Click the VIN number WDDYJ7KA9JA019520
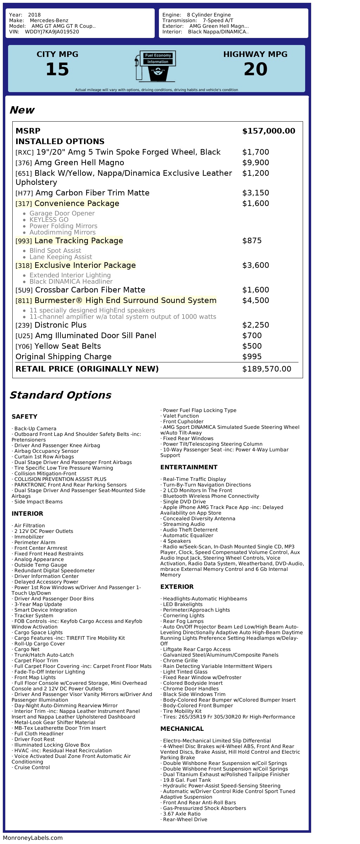click(x=52, y=32)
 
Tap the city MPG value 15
click(x=57, y=69)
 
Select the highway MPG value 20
click(x=255, y=69)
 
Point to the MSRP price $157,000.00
click(x=269, y=131)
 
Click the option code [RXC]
click(x=25, y=153)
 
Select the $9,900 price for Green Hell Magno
click(x=256, y=163)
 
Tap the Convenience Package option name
click(x=77, y=204)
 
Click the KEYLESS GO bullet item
click(x=49, y=220)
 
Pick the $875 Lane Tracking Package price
click(x=252, y=241)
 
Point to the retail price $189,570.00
click(x=266, y=369)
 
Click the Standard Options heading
click(x=60, y=395)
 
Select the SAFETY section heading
click(x=24, y=417)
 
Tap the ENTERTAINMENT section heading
click(x=189, y=467)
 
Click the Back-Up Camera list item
click(x=35, y=429)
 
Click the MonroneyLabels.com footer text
click(x=33, y=838)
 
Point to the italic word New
click(x=22, y=110)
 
